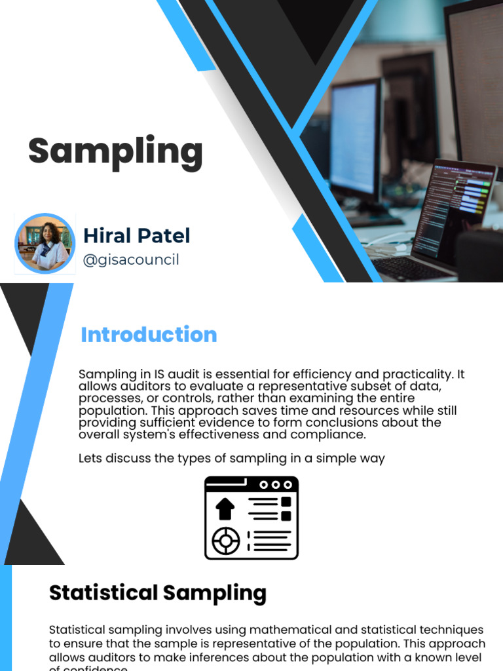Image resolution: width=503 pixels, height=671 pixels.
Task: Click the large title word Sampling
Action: [115, 151]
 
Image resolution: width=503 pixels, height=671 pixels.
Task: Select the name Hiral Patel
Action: [136, 236]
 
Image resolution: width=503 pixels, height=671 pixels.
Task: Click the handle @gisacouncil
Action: [131, 260]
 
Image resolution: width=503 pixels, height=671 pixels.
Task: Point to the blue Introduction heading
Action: [149, 335]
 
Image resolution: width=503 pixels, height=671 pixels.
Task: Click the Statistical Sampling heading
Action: [158, 593]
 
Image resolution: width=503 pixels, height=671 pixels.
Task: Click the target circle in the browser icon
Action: [225, 541]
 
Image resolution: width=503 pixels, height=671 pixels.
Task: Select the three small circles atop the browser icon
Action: [276, 485]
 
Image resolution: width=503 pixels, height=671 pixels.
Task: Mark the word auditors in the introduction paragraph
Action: [140, 387]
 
